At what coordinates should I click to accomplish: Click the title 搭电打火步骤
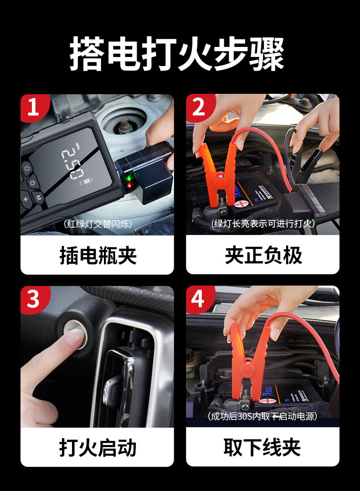click(177, 54)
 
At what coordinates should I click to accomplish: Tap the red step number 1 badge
click(34, 107)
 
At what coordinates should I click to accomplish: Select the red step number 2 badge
click(199, 107)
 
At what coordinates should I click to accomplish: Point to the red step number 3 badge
click(34, 299)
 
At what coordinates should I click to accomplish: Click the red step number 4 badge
click(199, 299)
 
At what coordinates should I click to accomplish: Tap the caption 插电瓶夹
click(98, 256)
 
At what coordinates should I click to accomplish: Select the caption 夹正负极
click(263, 256)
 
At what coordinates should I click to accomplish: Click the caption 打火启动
click(98, 448)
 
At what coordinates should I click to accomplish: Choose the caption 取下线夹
click(262, 447)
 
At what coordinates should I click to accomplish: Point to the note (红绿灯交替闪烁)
click(98, 224)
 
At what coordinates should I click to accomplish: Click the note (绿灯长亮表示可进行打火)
click(262, 224)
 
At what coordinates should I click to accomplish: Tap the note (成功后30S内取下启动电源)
click(262, 416)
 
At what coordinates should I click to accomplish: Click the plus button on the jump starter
click(26, 199)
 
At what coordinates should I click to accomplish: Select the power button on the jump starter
click(33, 183)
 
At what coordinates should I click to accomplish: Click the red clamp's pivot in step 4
click(247, 371)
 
